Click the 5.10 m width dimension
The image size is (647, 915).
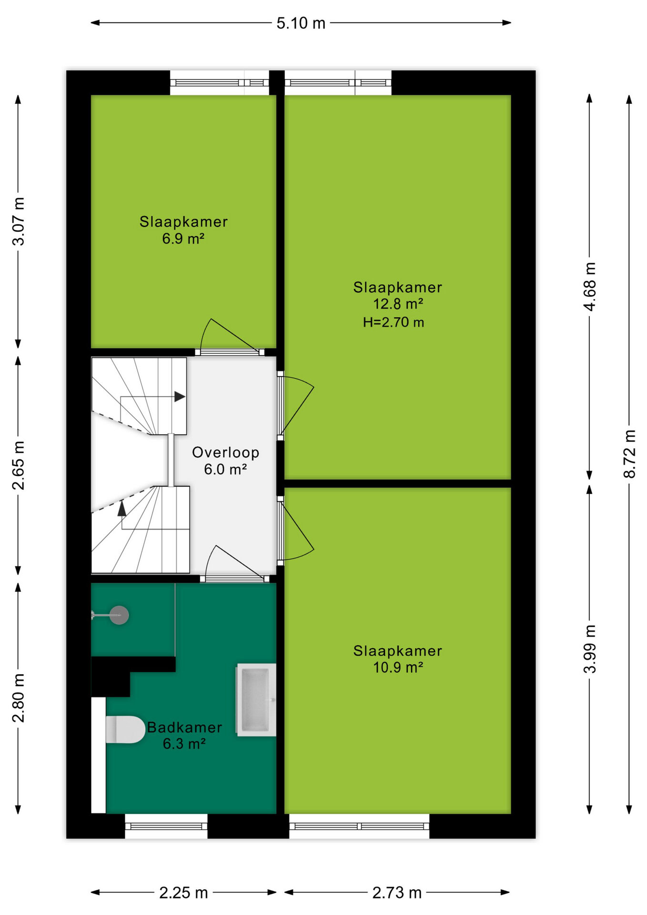[x=301, y=23]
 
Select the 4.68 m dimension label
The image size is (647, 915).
[x=589, y=286]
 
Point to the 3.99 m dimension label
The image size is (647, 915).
[x=589, y=649]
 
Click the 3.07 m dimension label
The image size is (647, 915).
[x=18, y=221]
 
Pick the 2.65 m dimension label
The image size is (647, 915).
[x=18, y=466]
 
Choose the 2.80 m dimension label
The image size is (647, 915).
[x=18, y=698]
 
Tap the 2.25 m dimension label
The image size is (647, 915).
[x=183, y=893]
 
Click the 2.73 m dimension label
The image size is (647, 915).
[x=397, y=893]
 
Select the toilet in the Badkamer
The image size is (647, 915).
[x=125, y=730]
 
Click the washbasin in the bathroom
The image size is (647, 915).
[x=256, y=700]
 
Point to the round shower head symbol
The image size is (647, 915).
[x=119, y=615]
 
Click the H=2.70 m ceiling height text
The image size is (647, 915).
[x=394, y=323]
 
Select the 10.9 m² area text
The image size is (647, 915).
[x=398, y=667]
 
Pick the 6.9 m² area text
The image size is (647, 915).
[x=183, y=238]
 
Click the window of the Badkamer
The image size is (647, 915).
[x=166, y=826]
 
